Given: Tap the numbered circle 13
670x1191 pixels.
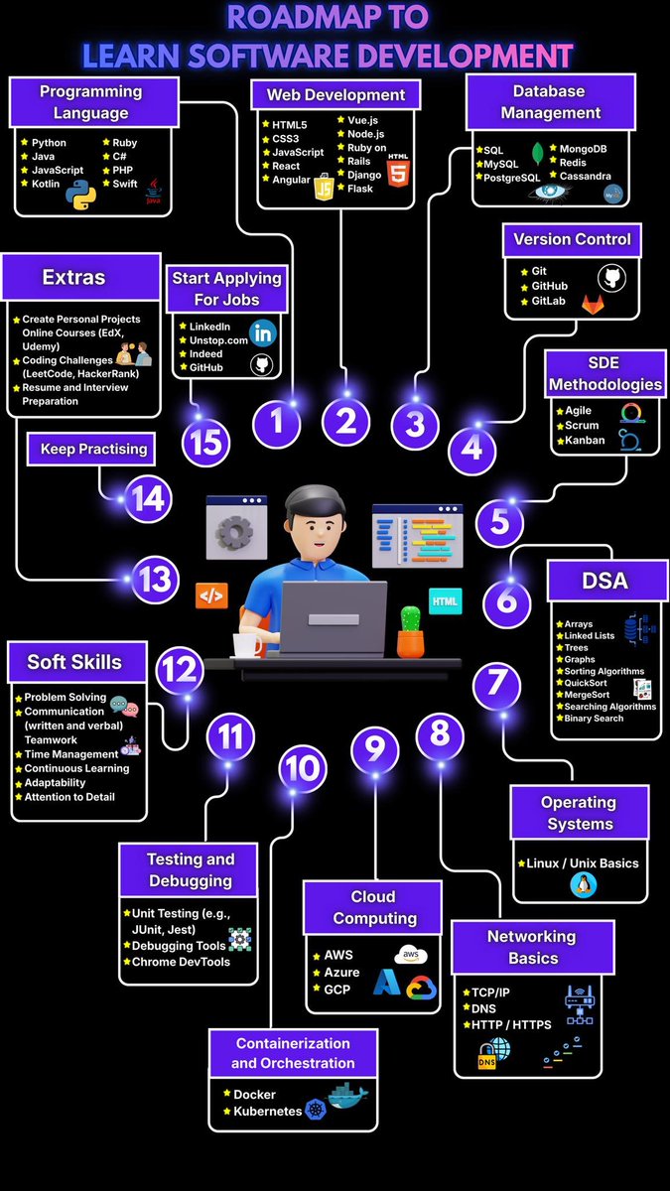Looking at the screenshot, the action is tap(155, 579).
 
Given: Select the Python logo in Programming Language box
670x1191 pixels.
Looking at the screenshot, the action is tap(80, 195).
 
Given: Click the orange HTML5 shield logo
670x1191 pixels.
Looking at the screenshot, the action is tap(398, 171).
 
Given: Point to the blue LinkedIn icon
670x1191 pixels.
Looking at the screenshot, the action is tap(263, 332).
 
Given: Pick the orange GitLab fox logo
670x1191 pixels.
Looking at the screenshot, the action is tap(593, 304).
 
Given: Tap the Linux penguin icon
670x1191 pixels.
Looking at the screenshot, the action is tap(584, 885).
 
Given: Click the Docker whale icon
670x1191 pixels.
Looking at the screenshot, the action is tap(347, 1094).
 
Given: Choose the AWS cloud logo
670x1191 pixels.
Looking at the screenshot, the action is tap(411, 955).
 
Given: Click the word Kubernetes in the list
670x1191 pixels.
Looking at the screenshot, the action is tap(267, 1111).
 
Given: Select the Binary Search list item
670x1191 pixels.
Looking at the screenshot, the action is tap(594, 719).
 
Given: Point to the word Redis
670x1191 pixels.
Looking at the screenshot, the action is tap(572, 163).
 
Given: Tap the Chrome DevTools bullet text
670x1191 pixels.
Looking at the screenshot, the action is tap(181, 962).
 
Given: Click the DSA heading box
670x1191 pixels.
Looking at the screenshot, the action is tap(607, 581).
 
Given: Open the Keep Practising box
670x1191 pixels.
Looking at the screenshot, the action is tap(91, 449).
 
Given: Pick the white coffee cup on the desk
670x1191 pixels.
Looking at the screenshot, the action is tap(247, 644).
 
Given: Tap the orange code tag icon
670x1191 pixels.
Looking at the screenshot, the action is tap(211, 596).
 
